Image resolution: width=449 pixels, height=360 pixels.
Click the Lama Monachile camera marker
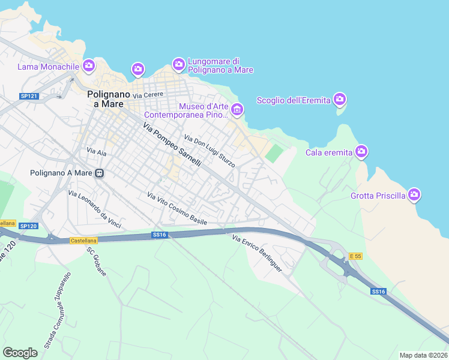(89, 65)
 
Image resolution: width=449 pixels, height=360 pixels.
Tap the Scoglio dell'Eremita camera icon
(340, 99)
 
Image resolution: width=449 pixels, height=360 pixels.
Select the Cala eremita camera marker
(361, 152)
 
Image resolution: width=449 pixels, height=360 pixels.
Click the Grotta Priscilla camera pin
(414, 194)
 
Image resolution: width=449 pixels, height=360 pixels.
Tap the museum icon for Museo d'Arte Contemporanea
(237, 110)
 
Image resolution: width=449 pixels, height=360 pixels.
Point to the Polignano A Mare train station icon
(100, 173)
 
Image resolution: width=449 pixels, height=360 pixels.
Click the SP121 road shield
(29, 96)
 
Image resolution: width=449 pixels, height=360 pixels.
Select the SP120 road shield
(28, 226)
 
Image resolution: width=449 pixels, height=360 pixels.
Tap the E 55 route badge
(355, 256)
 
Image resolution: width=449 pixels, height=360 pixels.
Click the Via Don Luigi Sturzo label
(209, 151)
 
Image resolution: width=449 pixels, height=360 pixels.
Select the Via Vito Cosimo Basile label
(177, 208)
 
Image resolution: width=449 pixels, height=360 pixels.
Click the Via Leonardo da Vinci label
(95, 209)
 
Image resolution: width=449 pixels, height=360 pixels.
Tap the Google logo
(20, 352)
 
